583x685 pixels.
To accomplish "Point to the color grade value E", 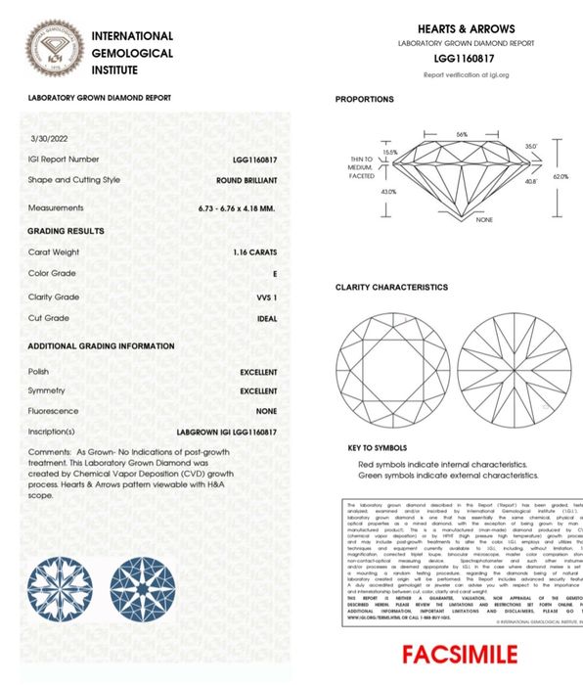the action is coord(275,274).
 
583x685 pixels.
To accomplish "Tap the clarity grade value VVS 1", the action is coord(265,297).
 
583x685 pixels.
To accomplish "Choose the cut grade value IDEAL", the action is coord(266,318).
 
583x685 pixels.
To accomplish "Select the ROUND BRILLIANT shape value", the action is coord(247,180).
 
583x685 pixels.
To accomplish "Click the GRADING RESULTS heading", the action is coord(66,231).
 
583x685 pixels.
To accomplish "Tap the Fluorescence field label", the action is coord(54,411).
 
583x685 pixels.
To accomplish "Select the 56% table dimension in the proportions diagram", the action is coord(462,134).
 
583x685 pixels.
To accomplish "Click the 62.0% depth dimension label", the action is coord(561,177).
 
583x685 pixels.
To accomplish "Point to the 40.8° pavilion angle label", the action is coord(531,181).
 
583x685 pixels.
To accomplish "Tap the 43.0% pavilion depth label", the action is coord(388,192).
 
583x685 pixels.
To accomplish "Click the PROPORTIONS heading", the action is coord(364,100).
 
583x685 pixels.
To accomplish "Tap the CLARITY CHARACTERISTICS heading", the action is coord(391,288).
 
